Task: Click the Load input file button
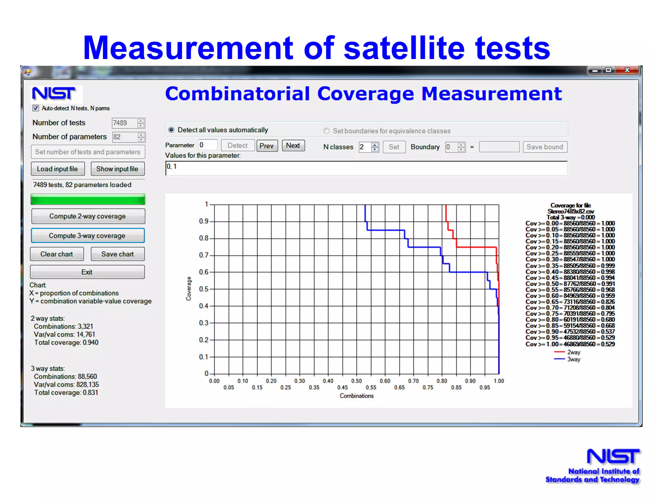tap(58, 169)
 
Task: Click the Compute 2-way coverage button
tap(88, 216)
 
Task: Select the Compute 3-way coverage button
tap(88, 235)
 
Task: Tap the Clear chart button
tap(57, 254)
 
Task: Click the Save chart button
tap(117, 254)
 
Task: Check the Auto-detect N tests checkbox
tap(36, 108)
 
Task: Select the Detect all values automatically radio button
tap(171, 130)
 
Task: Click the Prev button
tap(267, 146)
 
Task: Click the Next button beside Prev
tap(293, 145)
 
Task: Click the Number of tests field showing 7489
tap(124, 123)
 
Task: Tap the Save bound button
tap(545, 147)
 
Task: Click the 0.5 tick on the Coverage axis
tap(204, 289)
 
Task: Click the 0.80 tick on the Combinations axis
tap(442, 381)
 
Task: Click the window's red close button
tap(627, 70)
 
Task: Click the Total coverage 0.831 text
tap(66, 393)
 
